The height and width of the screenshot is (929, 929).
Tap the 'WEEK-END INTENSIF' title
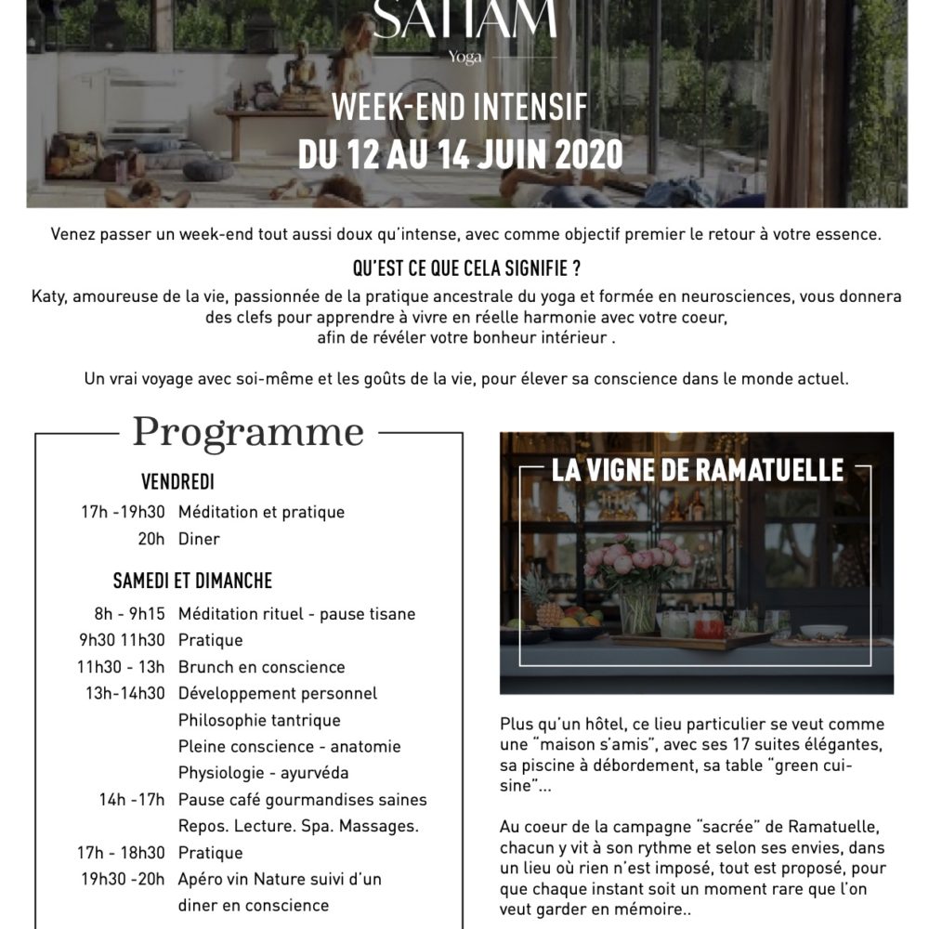pos(460,109)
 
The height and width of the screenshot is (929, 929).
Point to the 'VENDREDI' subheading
pos(177,481)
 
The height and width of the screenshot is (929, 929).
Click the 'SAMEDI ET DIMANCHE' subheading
pos(192,581)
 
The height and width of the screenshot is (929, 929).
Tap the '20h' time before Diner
pos(151,539)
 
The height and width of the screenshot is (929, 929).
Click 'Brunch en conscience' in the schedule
pos(261,667)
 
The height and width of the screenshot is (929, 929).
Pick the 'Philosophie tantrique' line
pos(259,720)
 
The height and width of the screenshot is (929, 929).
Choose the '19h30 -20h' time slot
pos(123,879)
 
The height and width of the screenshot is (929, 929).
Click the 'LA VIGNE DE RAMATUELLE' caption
pos(698,470)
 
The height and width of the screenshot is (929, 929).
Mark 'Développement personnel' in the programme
pos(278,693)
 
